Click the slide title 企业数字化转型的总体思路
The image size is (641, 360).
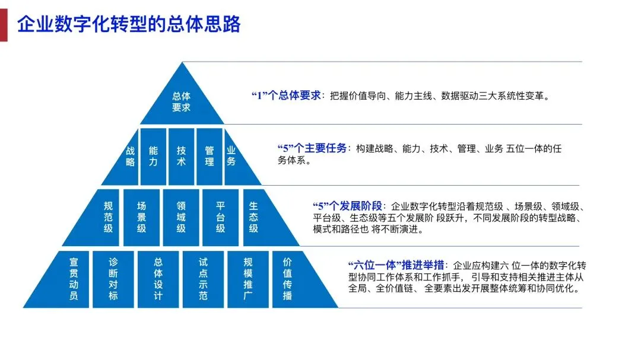click(129, 25)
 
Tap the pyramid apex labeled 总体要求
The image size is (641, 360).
click(182, 101)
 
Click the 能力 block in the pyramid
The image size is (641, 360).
click(153, 157)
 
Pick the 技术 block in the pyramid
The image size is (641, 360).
click(181, 157)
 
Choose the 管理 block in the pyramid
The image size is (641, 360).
click(209, 157)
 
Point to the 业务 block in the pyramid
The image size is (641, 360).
click(231, 157)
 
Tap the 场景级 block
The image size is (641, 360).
click(141, 217)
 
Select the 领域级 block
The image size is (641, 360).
click(181, 217)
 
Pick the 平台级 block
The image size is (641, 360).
click(220, 217)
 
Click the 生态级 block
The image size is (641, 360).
click(253, 217)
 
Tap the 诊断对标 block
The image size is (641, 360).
click(113, 279)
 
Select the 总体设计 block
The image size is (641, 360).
click(158, 279)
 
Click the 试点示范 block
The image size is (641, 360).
click(203, 279)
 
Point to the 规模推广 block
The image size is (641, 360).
click(248, 279)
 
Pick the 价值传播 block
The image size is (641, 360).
click(287, 279)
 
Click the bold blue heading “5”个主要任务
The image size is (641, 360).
click(312, 148)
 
